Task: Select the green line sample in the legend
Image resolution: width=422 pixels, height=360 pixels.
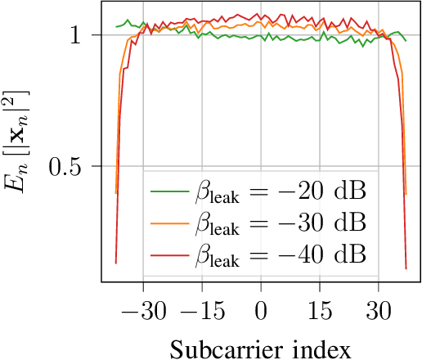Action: click(169, 193)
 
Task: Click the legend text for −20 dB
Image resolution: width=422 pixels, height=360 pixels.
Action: click(281, 193)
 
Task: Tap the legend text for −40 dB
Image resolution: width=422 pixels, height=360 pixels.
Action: click(281, 255)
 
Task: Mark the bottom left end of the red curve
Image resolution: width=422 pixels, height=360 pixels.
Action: click(116, 263)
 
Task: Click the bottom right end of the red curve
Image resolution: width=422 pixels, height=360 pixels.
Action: click(406, 268)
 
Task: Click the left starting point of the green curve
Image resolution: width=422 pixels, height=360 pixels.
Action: click(116, 28)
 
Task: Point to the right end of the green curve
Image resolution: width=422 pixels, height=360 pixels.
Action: click(406, 40)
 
